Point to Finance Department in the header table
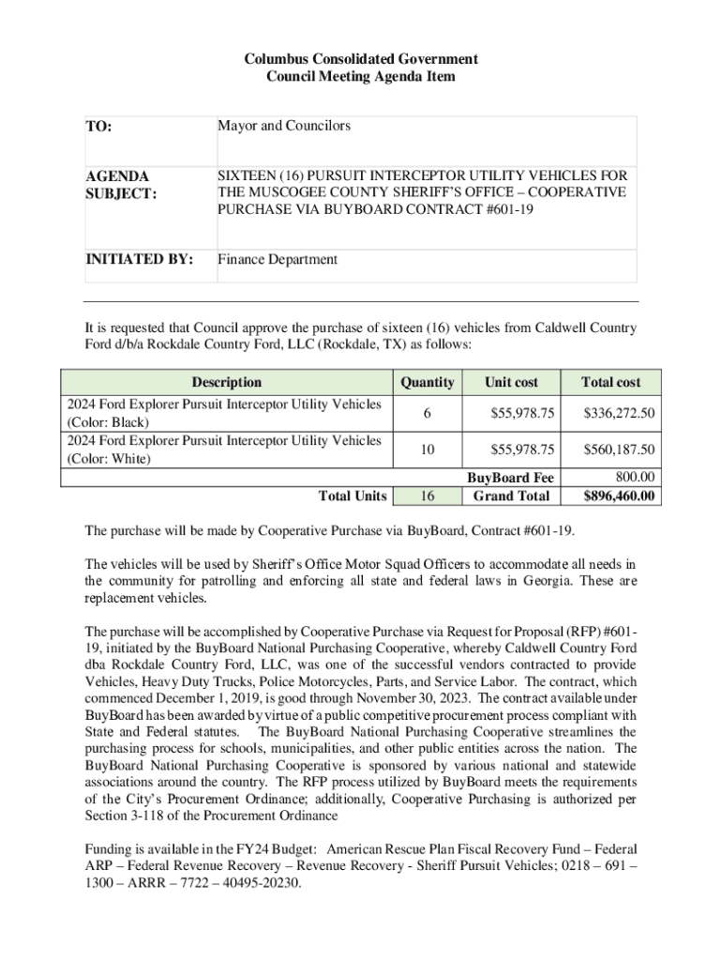click(x=278, y=259)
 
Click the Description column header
click(x=226, y=382)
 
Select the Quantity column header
click(x=427, y=382)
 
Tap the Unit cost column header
click(x=511, y=382)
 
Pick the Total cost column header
click(x=610, y=382)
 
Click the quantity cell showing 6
click(x=427, y=413)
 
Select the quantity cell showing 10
click(x=427, y=450)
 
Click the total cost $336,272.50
click(x=619, y=413)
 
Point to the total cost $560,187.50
click(x=619, y=450)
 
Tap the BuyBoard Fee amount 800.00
click(x=634, y=478)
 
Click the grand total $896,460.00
click(x=619, y=496)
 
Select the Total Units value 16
click(x=427, y=496)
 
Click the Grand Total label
click(x=511, y=496)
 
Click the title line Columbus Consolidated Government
click(x=361, y=59)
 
